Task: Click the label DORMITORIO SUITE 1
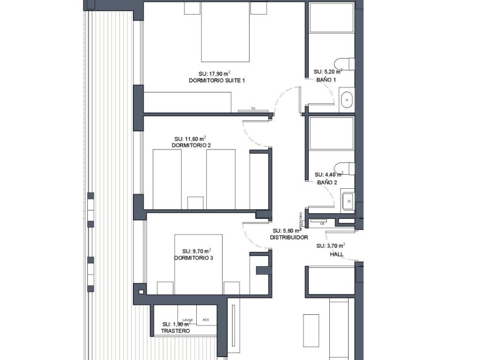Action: (x=217, y=80)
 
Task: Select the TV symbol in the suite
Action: (x=254, y=109)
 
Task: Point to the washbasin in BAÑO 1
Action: (x=347, y=99)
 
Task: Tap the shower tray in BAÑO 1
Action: (x=332, y=18)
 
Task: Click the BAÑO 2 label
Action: (x=327, y=183)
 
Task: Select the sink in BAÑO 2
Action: (x=347, y=201)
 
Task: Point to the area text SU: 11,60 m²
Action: (x=191, y=138)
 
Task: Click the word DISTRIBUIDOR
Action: (x=289, y=237)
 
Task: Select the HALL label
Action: (x=336, y=254)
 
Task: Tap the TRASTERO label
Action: (x=176, y=331)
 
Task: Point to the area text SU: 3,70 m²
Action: (x=330, y=246)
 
